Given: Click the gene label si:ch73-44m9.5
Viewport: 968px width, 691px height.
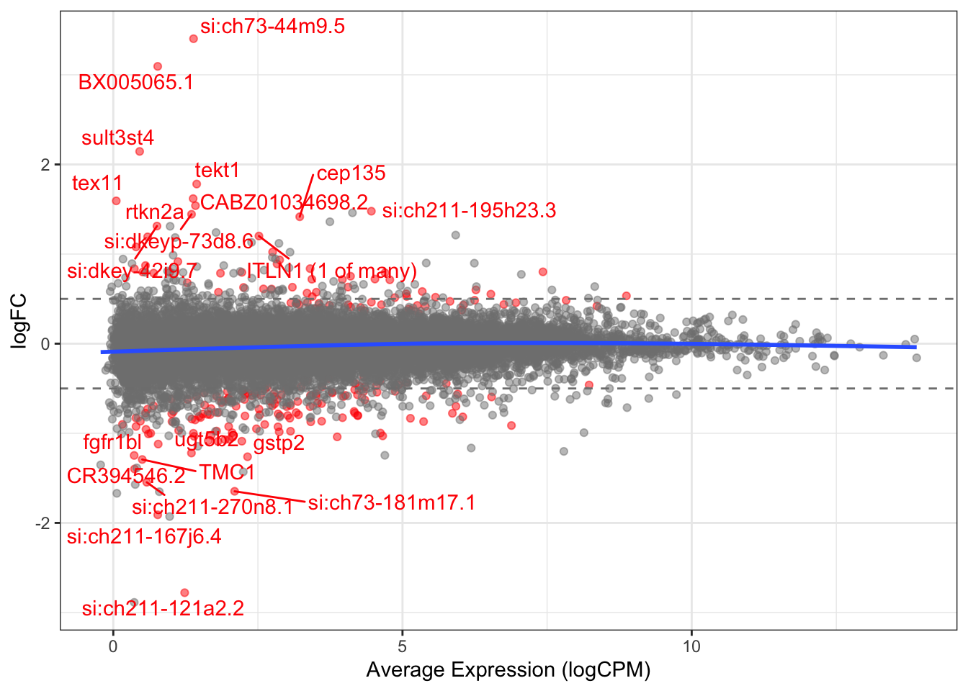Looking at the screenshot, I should [272, 27].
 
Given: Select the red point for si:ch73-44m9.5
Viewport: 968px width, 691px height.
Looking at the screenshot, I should [193, 38].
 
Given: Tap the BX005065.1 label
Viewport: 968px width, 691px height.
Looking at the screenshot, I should [135, 82].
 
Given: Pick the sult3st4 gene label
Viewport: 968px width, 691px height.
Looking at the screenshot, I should [117, 137].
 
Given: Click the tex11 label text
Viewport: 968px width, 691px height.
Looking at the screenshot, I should [97, 183].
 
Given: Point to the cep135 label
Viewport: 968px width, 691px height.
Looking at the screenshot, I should [351, 173].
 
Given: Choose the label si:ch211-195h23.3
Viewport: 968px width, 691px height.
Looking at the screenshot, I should [469, 210].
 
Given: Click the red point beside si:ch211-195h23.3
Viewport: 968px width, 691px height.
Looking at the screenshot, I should [371, 211].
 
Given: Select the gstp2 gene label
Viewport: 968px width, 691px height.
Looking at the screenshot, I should [279, 443].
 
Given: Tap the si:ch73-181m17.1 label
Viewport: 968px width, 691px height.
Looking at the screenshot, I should [391, 502].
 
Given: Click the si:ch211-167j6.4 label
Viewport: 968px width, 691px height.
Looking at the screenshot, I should [144, 536].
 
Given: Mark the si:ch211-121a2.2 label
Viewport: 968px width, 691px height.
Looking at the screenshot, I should [163, 608].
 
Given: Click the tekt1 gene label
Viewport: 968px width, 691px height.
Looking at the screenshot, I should [217, 170].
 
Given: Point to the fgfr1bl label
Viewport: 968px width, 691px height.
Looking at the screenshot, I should [112, 441].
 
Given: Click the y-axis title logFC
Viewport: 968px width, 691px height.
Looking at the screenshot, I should [19, 321].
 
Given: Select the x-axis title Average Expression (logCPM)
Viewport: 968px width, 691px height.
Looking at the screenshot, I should [508, 670].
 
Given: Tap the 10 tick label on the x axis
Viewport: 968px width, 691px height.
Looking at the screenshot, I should [691, 646].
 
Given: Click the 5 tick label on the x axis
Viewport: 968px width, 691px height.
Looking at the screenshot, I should [402, 646].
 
